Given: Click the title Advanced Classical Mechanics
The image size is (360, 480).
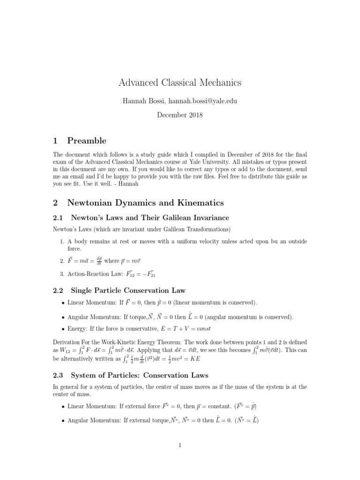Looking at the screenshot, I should (180, 83).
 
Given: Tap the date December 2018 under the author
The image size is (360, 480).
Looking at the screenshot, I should (180, 115).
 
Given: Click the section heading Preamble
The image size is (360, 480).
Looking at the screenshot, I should (87, 141).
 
